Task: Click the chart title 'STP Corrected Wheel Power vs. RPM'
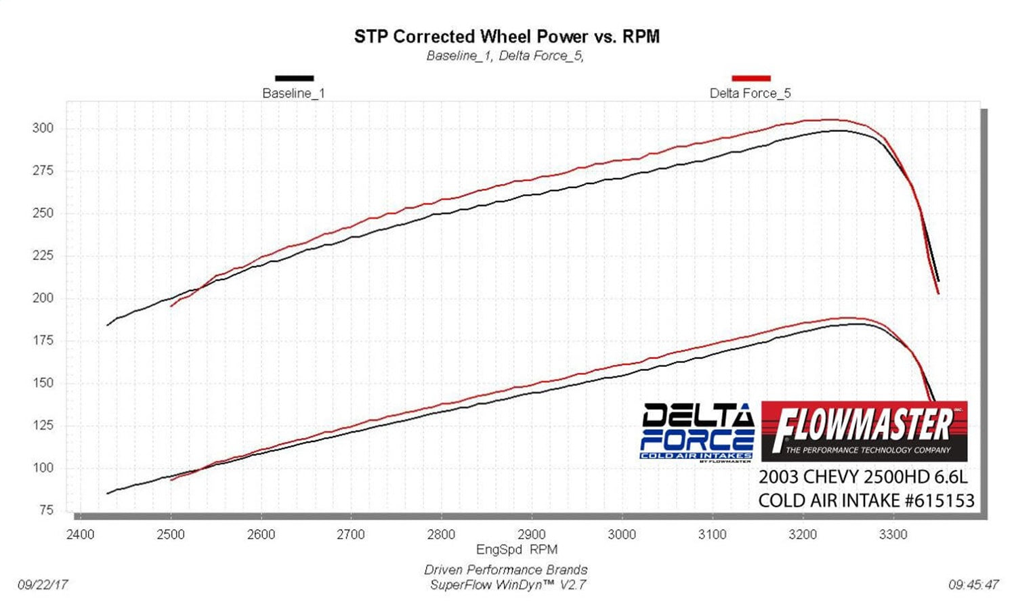[x=507, y=37]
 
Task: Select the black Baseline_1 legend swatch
[x=294, y=79]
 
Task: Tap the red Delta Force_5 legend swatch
[x=750, y=79]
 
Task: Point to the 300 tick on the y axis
[x=43, y=129]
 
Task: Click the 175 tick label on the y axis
[x=43, y=340]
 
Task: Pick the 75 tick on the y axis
[x=46, y=510]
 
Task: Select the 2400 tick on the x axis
[x=80, y=535]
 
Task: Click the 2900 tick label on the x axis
[x=532, y=535]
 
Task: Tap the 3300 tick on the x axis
[x=893, y=535]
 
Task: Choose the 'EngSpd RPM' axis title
[x=517, y=550]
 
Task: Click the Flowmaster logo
[x=864, y=431]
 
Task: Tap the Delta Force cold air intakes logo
[x=697, y=432]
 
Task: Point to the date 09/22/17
[x=43, y=584]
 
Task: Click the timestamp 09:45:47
[x=973, y=584]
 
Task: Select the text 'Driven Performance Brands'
[x=506, y=570]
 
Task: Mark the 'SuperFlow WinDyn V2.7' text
[x=507, y=585]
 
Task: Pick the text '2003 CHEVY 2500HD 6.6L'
[x=863, y=477]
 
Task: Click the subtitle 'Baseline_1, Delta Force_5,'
[x=505, y=56]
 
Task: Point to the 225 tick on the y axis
[x=43, y=256]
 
